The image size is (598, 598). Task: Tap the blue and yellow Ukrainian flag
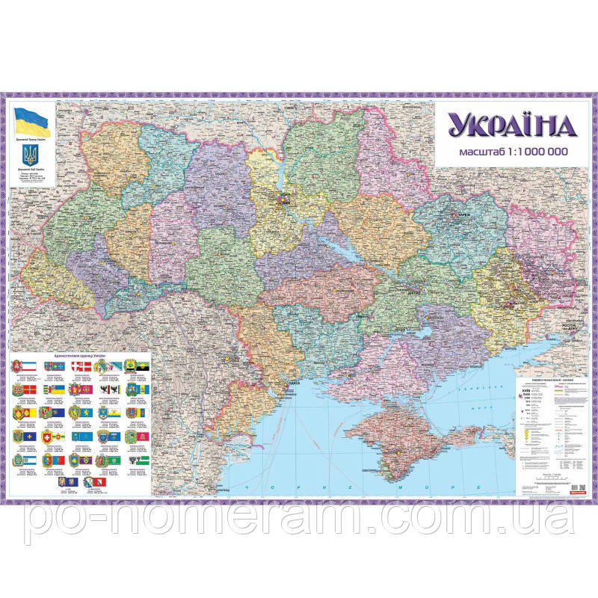31,119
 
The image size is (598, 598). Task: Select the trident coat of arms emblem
30,155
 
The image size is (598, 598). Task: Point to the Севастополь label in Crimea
367,469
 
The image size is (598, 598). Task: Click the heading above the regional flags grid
77,356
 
